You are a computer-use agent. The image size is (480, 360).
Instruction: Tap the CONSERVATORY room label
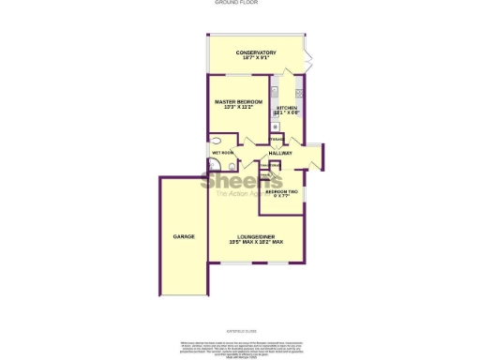tap(256, 52)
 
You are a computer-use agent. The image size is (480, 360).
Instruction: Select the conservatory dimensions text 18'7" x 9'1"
tap(256, 58)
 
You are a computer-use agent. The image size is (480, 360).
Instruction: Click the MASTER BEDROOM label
tap(238, 101)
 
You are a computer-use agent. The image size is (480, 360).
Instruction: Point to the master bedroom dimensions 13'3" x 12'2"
tap(238, 108)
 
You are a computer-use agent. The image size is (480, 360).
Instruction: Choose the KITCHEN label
tap(287, 108)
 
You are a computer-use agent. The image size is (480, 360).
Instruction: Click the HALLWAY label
tap(280, 153)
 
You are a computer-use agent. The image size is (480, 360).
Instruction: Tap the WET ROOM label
tap(222, 152)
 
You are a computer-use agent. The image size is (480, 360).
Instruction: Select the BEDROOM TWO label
tap(281, 191)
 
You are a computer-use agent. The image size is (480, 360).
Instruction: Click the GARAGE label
tap(184, 236)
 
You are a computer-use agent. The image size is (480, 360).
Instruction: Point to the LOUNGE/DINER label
tap(256, 236)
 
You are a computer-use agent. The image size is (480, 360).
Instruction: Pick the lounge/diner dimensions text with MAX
tap(256, 243)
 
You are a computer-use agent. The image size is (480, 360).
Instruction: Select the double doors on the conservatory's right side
tap(309, 58)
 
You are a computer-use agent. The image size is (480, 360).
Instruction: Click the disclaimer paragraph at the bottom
tap(239, 345)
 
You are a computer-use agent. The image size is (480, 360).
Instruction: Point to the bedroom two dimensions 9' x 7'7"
tap(281, 197)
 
